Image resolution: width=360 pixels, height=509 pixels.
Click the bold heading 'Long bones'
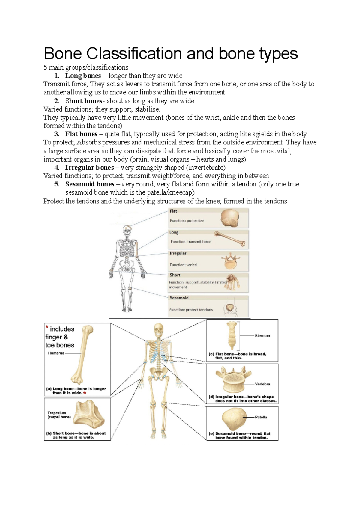point(83,76)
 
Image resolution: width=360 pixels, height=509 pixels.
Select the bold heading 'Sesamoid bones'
point(90,184)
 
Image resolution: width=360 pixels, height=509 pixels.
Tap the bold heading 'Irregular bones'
point(89,168)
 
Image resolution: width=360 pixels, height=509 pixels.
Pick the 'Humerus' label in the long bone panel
point(56,353)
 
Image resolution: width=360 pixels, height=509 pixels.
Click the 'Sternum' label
point(262,336)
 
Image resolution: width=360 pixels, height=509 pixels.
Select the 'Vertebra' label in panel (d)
point(262,384)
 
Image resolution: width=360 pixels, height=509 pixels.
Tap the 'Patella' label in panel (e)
point(261,417)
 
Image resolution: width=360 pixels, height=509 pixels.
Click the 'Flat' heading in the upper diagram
point(173,211)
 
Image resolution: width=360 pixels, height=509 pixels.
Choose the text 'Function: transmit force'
point(190,242)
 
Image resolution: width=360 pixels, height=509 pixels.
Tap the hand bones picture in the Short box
point(233,282)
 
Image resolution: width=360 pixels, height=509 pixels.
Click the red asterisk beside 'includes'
point(47,327)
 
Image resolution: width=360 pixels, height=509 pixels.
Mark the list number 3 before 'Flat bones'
point(57,134)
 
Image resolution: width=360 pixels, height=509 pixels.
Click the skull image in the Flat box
point(230,218)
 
